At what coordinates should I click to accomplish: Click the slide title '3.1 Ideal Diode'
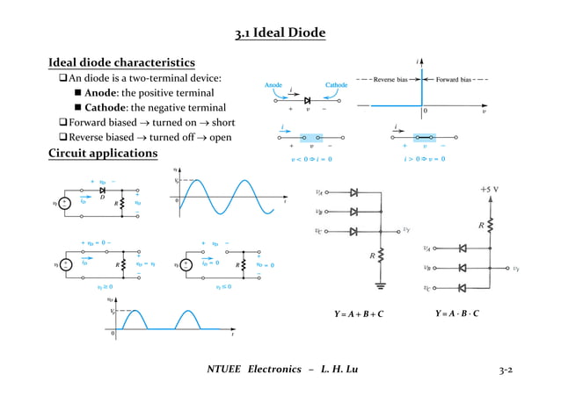coord(280,33)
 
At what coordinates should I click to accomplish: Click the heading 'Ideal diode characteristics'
coord(121,63)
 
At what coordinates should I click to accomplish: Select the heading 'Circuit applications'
coord(102,154)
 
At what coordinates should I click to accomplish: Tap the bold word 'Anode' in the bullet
coord(101,93)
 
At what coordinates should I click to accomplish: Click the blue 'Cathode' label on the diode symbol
coord(337,85)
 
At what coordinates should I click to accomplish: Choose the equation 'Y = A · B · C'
coord(457,313)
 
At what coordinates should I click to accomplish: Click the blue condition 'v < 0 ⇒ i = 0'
coord(311,159)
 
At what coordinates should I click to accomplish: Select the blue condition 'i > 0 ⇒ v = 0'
coord(425,159)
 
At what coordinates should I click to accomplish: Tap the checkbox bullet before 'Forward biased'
coord(62,122)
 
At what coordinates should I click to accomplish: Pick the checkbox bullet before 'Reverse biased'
coord(62,137)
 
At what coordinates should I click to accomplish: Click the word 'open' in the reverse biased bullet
coord(221,137)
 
